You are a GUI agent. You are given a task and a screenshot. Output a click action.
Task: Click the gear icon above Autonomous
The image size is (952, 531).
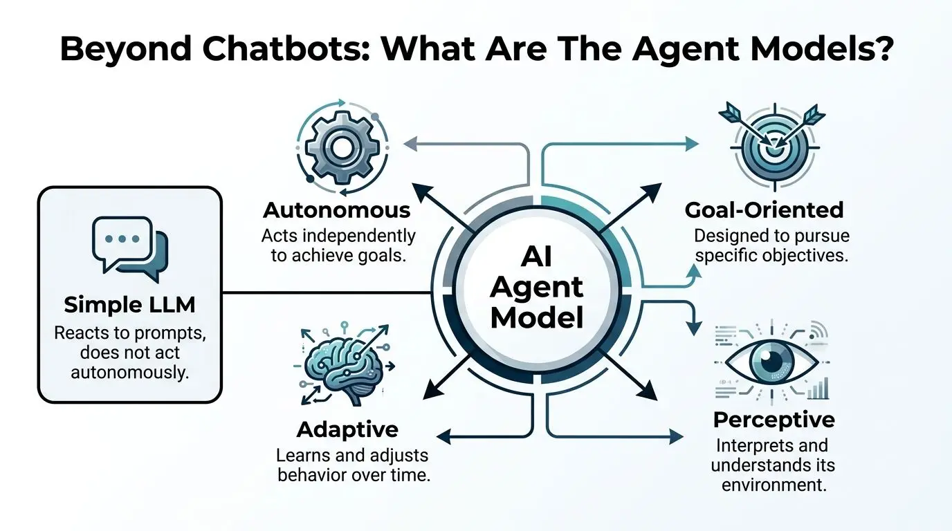(x=341, y=147)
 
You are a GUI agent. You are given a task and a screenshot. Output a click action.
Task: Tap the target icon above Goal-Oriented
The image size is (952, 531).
(x=774, y=147)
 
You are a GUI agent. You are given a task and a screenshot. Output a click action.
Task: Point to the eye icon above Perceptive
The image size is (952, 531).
(x=772, y=362)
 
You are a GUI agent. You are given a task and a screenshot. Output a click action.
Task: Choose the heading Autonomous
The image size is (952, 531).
(x=337, y=210)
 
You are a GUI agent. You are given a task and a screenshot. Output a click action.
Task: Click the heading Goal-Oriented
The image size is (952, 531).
(x=764, y=210)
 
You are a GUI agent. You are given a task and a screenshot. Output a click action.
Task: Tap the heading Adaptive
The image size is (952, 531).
(x=347, y=429)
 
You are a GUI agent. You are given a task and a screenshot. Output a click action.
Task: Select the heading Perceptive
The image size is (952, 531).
(x=774, y=420)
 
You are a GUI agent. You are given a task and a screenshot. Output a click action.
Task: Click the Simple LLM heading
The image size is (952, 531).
(x=129, y=305)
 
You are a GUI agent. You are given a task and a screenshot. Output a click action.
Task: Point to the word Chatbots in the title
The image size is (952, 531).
(x=285, y=49)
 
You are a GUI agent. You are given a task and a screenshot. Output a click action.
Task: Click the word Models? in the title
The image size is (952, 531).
(x=823, y=49)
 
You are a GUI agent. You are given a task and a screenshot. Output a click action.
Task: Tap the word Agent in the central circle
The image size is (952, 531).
(x=537, y=289)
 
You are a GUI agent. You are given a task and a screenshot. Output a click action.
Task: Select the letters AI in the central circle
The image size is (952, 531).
(x=537, y=257)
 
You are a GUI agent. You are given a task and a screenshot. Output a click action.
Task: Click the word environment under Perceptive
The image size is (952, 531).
(x=774, y=485)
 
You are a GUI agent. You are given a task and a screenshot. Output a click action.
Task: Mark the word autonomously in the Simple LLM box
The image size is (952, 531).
(x=129, y=373)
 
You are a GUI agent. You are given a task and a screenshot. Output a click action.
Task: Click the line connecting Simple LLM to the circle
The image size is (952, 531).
(x=327, y=292)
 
